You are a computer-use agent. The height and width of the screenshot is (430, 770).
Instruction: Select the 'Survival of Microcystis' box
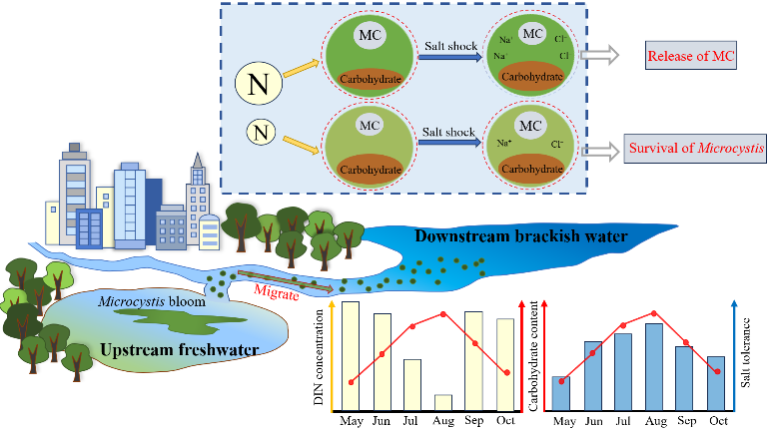(x=696, y=152)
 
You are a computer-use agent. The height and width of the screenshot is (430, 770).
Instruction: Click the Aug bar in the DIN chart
(x=443, y=401)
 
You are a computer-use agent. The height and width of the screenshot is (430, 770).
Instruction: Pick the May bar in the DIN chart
(x=351, y=354)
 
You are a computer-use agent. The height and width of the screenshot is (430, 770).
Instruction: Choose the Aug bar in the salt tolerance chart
(x=653, y=366)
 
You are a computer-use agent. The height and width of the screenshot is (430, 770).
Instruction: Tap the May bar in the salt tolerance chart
(x=561, y=392)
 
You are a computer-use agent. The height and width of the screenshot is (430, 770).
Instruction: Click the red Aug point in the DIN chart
(x=442, y=314)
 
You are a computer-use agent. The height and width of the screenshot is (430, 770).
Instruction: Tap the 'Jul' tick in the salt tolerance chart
(x=623, y=420)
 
